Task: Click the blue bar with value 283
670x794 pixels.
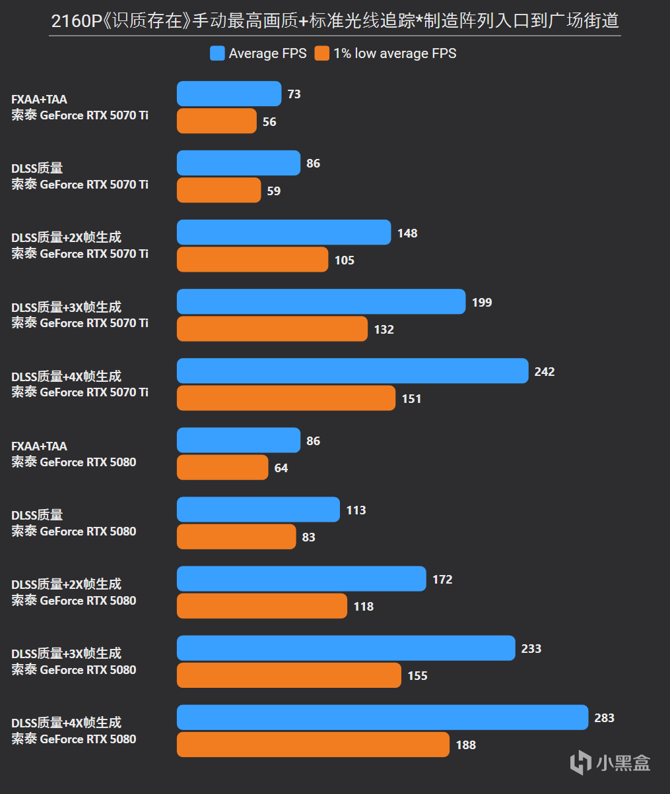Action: [382, 717]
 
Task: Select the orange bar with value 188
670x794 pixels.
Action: [313, 745]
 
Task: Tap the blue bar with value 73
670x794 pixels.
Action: [229, 94]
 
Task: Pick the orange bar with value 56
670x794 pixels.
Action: [217, 121]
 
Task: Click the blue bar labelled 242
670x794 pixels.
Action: [352, 371]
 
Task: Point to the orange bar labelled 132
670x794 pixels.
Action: [272, 328]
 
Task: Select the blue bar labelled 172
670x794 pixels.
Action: [302, 578]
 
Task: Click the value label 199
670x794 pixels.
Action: [482, 303]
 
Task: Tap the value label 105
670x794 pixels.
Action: [344, 260]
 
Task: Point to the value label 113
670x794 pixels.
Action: [356, 510]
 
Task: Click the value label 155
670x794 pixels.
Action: [417, 676]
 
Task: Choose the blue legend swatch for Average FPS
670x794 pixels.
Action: [217, 53]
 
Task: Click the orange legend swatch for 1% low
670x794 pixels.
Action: [321, 53]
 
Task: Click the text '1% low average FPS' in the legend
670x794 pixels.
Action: [394, 53]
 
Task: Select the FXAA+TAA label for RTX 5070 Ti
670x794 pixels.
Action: [39, 100]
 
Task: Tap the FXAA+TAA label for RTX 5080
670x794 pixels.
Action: [39, 446]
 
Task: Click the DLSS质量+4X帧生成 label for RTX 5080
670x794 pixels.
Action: [66, 723]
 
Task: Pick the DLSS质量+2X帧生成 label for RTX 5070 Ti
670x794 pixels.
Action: [66, 237]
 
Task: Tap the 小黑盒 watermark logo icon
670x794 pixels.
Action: [580, 763]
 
